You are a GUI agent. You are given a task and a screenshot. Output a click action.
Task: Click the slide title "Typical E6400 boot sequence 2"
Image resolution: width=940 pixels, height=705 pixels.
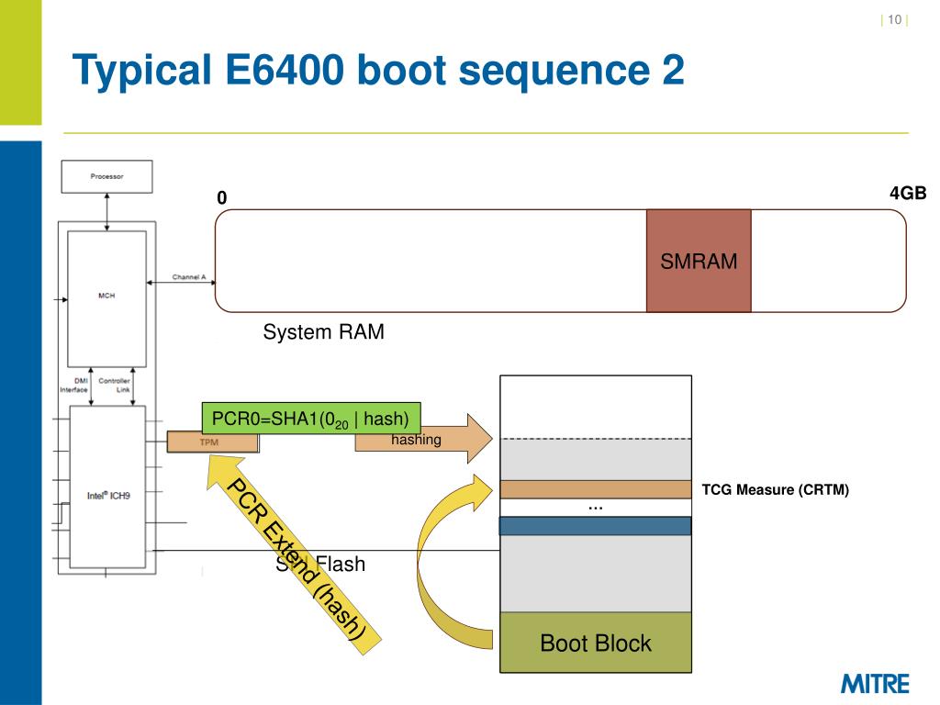pyautogui.click(x=378, y=72)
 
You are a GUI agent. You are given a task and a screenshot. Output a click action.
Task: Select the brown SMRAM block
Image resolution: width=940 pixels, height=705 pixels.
pyautogui.click(x=699, y=262)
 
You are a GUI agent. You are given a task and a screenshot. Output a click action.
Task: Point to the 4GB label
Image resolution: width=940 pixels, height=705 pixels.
pyautogui.click(x=908, y=194)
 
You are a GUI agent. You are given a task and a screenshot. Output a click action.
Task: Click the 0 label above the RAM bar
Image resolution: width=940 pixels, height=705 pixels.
pyautogui.click(x=221, y=198)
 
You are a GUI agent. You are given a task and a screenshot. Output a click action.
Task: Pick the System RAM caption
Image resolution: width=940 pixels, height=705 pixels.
pyautogui.click(x=323, y=332)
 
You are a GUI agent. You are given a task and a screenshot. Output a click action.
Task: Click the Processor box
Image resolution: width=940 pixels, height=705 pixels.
pyautogui.click(x=106, y=176)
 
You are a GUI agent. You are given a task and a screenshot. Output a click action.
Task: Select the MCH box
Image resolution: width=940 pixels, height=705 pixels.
pyautogui.click(x=106, y=296)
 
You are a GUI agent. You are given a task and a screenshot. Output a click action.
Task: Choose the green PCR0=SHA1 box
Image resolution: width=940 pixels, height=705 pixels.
pyautogui.click(x=310, y=419)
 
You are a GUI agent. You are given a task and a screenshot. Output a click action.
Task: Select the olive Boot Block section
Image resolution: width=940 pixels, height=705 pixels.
pyautogui.click(x=596, y=643)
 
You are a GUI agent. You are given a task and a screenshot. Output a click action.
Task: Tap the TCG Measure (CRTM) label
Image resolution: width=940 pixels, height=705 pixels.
pyautogui.click(x=776, y=490)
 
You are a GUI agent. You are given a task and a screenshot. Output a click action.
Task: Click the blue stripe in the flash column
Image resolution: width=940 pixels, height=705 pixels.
pyautogui.click(x=596, y=525)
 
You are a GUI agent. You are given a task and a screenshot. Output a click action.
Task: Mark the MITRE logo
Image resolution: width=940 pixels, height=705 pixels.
pyautogui.click(x=875, y=684)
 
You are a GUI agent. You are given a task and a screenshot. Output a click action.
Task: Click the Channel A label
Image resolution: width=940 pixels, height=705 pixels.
pyautogui.click(x=188, y=276)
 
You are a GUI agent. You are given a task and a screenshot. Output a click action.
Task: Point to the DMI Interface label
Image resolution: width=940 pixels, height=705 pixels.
pyautogui.click(x=74, y=386)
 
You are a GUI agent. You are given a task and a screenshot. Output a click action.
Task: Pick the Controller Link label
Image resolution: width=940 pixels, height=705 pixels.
pyautogui.click(x=115, y=386)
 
